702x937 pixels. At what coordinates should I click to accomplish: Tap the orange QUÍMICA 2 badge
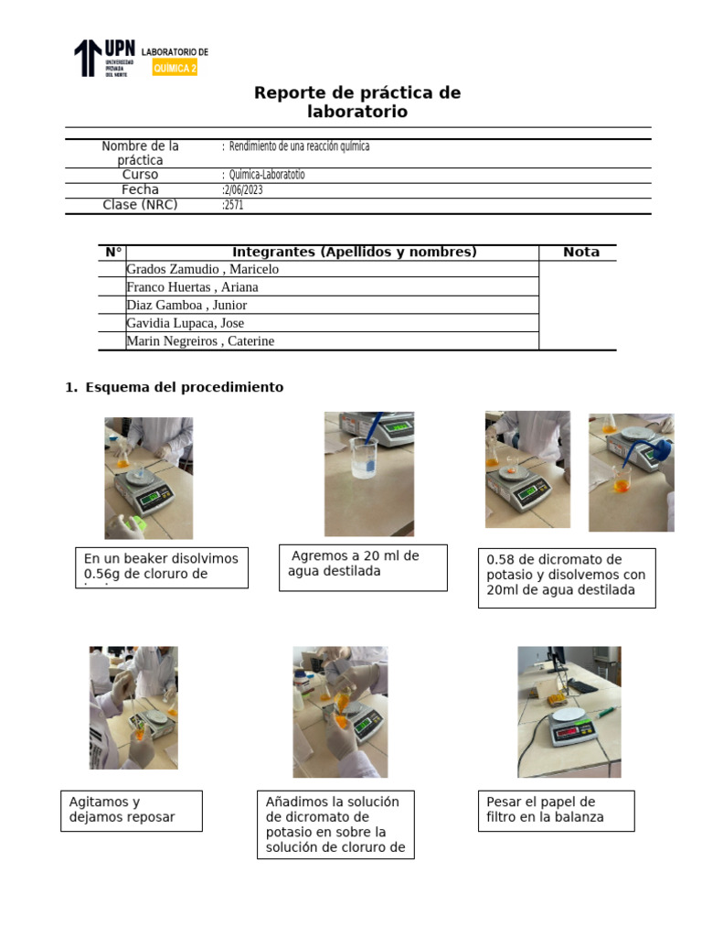(x=175, y=68)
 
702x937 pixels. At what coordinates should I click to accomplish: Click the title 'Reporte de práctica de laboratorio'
(x=357, y=102)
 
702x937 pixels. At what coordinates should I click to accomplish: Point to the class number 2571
(x=234, y=206)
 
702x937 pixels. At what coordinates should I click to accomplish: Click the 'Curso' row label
(x=140, y=175)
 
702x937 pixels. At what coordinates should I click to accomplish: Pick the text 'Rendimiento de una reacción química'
(x=299, y=146)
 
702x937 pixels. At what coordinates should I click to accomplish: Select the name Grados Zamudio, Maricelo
(x=203, y=269)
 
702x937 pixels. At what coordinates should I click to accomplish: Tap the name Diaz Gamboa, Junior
(x=186, y=306)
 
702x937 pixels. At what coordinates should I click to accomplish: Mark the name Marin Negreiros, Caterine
(x=200, y=341)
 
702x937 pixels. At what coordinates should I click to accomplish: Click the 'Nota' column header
(x=581, y=253)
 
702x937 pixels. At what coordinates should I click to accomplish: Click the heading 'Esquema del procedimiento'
(x=184, y=387)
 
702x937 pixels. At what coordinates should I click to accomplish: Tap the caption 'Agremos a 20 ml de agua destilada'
(x=363, y=565)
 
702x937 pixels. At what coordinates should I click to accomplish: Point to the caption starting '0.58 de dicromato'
(x=567, y=575)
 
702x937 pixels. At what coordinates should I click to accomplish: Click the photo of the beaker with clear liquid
(x=369, y=473)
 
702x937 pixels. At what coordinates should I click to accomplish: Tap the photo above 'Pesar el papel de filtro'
(x=569, y=712)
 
